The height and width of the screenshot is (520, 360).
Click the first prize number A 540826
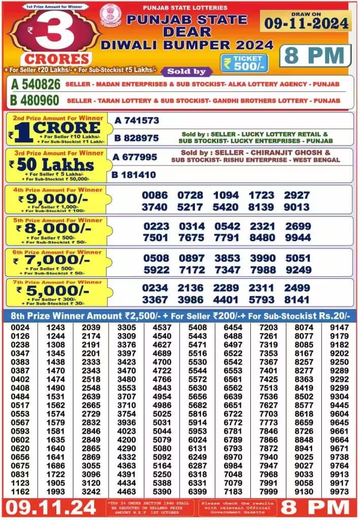click(x=35, y=84)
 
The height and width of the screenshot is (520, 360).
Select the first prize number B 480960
click(x=35, y=100)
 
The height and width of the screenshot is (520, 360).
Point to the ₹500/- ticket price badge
click(x=244, y=62)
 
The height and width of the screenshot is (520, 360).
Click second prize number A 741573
click(x=137, y=121)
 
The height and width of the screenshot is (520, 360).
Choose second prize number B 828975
click(x=137, y=138)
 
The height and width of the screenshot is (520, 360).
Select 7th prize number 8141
click(x=297, y=300)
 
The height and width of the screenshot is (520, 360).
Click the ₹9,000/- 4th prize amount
click(x=53, y=199)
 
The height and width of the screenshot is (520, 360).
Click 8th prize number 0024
click(x=21, y=328)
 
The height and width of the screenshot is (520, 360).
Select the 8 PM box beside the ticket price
click(x=314, y=56)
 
